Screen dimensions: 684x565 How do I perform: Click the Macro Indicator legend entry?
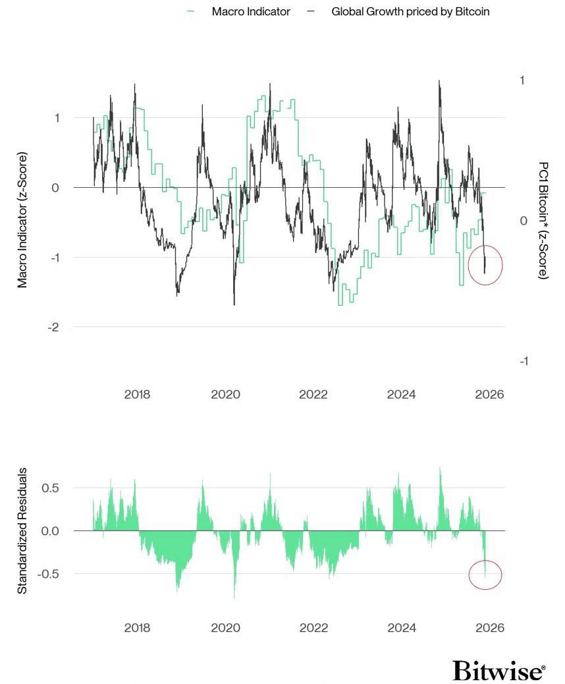coord(251,12)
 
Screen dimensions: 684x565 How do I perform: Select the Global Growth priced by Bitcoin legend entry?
coord(410,12)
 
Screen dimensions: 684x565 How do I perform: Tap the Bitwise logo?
coord(499,671)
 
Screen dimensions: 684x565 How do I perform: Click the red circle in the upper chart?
coord(485,266)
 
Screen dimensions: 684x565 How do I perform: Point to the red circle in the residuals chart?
coord(485,575)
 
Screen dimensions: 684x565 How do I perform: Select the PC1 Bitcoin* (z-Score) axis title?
coord(543,221)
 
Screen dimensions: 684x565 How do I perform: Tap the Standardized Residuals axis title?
coord(22,531)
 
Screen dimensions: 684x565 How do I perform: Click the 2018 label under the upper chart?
coord(137,395)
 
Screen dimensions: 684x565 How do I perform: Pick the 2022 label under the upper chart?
coord(313,395)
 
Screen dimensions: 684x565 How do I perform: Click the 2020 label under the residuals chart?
coord(225,628)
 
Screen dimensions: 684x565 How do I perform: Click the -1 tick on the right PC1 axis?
coord(524,361)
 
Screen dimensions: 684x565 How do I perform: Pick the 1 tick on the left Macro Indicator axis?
coord(57,118)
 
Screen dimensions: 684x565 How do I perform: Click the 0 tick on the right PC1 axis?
coord(524,221)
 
